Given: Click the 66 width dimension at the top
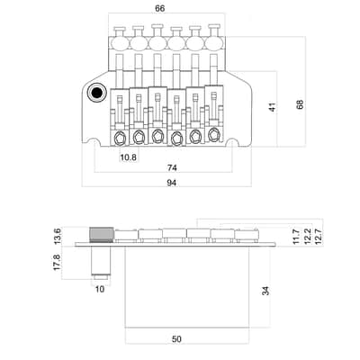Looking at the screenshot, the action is click(159, 8).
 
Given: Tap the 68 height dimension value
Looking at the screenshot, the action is click(300, 104).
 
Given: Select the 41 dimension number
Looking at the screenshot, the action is click(273, 107).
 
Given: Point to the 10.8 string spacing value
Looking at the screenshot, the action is click(128, 157).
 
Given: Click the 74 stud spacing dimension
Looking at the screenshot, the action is click(172, 167).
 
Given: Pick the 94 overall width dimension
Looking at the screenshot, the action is click(172, 183).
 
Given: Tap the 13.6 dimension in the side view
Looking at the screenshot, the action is click(57, 237).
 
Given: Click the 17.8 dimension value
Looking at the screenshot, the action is click(57, 263).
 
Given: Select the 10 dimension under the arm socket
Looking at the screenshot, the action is click(100, 289).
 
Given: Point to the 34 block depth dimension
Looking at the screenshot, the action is click(265, 291).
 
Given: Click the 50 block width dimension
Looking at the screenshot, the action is click(176, 339).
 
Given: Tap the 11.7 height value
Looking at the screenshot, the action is click(296, 237).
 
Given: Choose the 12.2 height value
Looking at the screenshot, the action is click(307, 237).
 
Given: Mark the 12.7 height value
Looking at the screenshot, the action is click(318, 237).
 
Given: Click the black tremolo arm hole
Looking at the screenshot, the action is click(97, 93).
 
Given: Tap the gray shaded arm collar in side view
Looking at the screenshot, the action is click(102, 234).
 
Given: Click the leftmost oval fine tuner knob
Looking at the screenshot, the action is click(120, 44).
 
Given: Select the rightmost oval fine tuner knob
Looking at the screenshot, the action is click(213, 44).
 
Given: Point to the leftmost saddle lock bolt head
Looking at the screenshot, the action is click(121, 138).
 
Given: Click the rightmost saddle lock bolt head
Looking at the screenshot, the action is click(213, 134).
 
